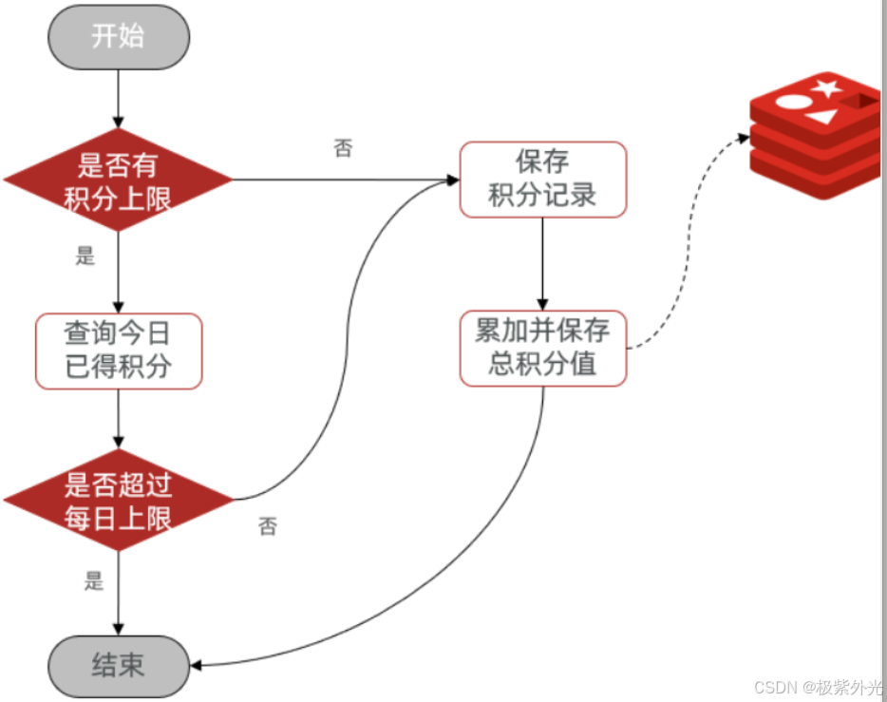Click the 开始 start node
pos(118,37)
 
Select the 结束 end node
pos(118,665)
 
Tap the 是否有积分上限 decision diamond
pos(118,180)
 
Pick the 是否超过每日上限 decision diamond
pos(118,501)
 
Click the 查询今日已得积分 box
pos(119,351)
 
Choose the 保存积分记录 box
pos(542,179)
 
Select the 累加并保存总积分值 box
pos(542,348)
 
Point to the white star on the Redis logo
pos(827,89)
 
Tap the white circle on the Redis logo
pos(789,102)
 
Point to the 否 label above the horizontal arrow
pos(343,149)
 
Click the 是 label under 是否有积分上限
pos(85,256)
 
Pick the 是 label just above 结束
pos(93,581)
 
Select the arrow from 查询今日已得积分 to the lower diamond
pos(118,418)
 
